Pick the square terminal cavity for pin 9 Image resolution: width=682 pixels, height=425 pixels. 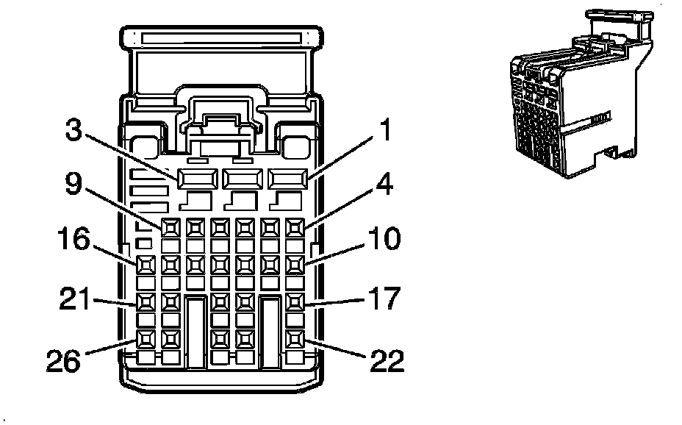point(171,227)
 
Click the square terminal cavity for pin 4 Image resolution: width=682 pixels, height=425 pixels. point(294,227)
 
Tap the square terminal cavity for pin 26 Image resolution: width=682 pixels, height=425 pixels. point(146,339)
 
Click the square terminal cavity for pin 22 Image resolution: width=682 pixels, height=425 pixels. point(294,339)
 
